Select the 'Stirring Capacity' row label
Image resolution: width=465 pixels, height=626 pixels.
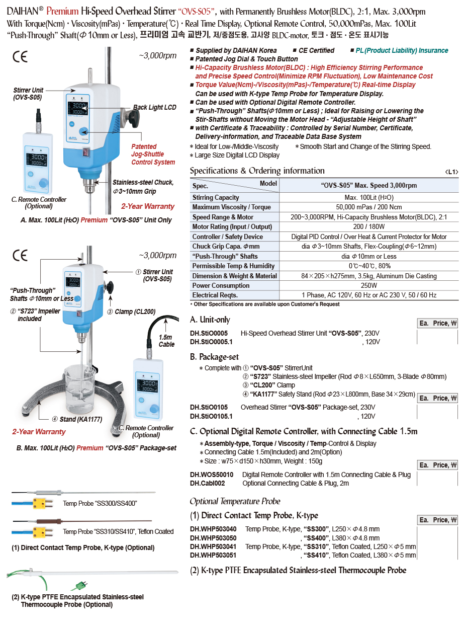pyautogui.click(x=216, y=198)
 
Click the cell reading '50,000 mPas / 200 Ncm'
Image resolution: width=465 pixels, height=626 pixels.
pyautogui.click(x=369, y=207)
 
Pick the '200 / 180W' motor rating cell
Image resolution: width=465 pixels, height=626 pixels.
pyautogui.click(x=369, y=227)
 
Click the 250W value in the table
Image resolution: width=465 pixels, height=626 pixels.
pyautogui.click(x=369, y=286)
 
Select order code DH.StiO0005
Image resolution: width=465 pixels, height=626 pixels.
pyautogui.click(x=209, y=334)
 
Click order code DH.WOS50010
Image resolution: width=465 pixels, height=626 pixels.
pyautogui.click(x=212, y=475)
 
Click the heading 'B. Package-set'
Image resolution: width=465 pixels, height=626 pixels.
pyautogui.click(x=214, y=357)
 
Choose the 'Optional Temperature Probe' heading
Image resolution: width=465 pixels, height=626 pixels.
pyautogui.click(x=235, y=501)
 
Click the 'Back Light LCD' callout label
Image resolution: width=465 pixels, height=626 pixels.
pyautogui.click(x=155, y=108)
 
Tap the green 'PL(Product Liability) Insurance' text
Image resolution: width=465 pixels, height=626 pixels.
pyautogui.click(x=402, y=50)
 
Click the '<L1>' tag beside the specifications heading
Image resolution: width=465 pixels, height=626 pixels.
pyautogui.click(x=451, y=172)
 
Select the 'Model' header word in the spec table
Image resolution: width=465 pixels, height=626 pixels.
pyautogui.click(x=268, y=184)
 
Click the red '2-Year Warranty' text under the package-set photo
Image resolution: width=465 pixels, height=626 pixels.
pyautogui.click(x=39, y=432)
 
